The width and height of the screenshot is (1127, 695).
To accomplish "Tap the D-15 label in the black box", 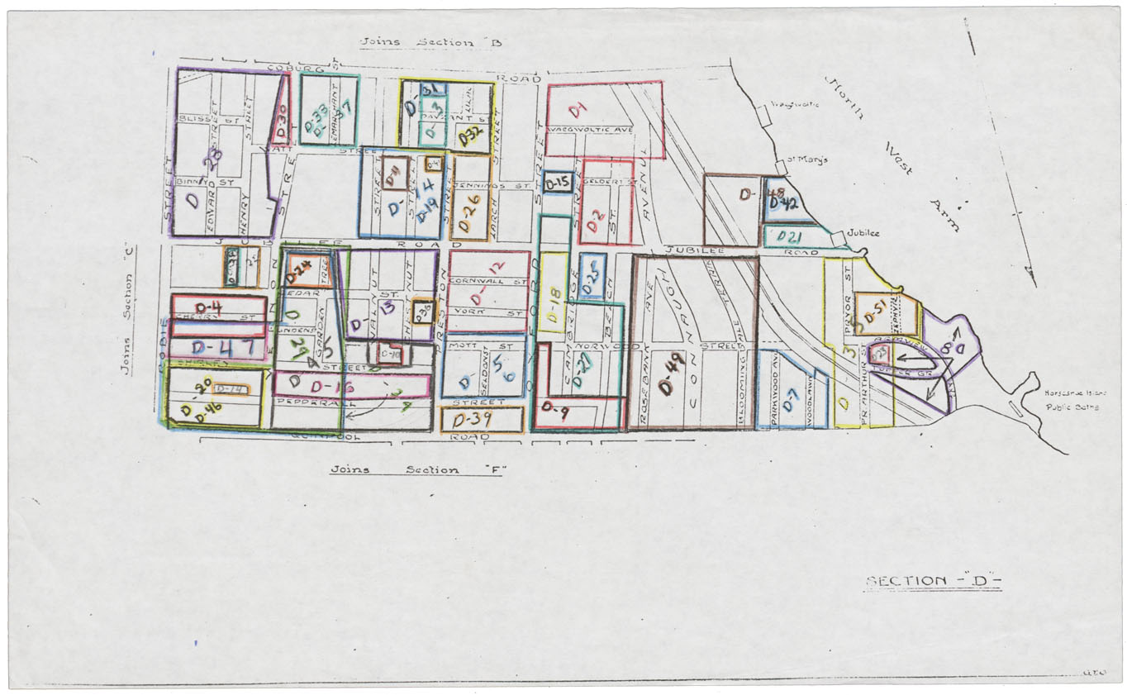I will pos(558,183).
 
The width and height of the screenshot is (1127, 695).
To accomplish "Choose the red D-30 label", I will pos(281,122).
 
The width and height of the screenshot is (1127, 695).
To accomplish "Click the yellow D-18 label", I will pos(554,294).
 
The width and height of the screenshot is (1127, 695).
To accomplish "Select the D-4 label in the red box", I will pos(205,307).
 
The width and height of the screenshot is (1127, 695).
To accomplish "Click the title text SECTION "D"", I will pos(933,580).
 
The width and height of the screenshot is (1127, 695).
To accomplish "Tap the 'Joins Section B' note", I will pos(430,42).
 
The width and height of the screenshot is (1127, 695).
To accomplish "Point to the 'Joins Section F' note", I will pos(417,469).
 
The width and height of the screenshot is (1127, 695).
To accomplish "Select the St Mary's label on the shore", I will pos(806,159).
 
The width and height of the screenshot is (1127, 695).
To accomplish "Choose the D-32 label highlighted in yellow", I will pos(470,136).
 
